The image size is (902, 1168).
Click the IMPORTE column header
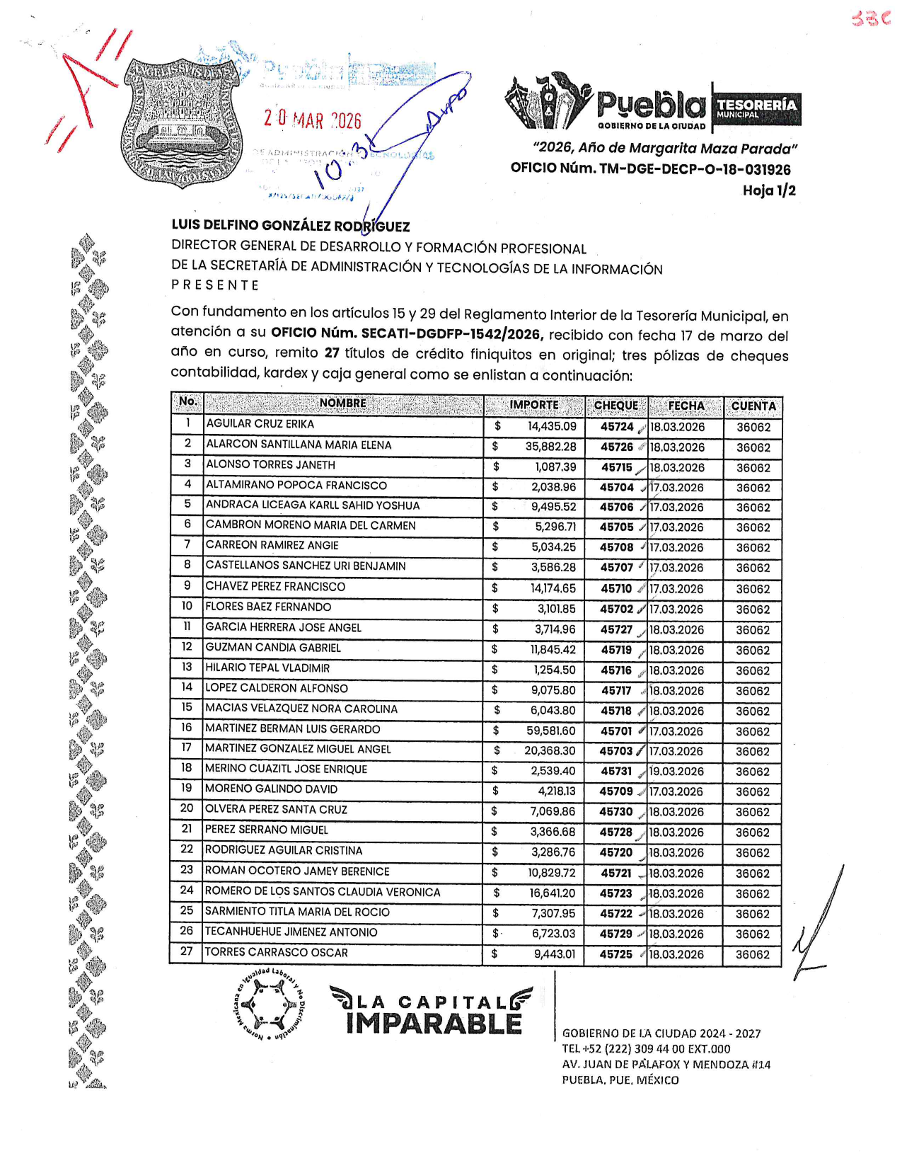click(534, 405)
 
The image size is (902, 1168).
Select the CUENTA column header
click(753, 406)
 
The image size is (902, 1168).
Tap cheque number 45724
click(617, 427)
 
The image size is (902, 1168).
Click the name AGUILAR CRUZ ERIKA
click(260, 424)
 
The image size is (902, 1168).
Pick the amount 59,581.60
click(550, 731)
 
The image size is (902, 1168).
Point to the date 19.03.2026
click(676, 772)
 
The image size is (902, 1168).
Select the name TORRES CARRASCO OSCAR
click(276, 953)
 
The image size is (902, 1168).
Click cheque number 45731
click(615, 772)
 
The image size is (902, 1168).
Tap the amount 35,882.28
click(550, 447)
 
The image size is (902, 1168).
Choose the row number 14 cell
click(187, 687)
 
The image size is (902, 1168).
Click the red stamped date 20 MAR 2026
click(312, 120)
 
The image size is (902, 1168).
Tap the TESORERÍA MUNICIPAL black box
click(756, 108)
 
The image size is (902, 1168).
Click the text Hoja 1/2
click(769, 190)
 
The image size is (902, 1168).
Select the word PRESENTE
click(215, 285)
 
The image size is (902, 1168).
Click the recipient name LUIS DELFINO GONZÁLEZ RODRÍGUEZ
click(290, 227)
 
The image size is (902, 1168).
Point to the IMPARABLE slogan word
click(434, 1024)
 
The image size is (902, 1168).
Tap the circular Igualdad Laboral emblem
click(270, 1005)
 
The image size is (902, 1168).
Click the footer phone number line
click(646, 1049)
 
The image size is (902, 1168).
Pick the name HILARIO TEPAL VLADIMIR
click(267, 668)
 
